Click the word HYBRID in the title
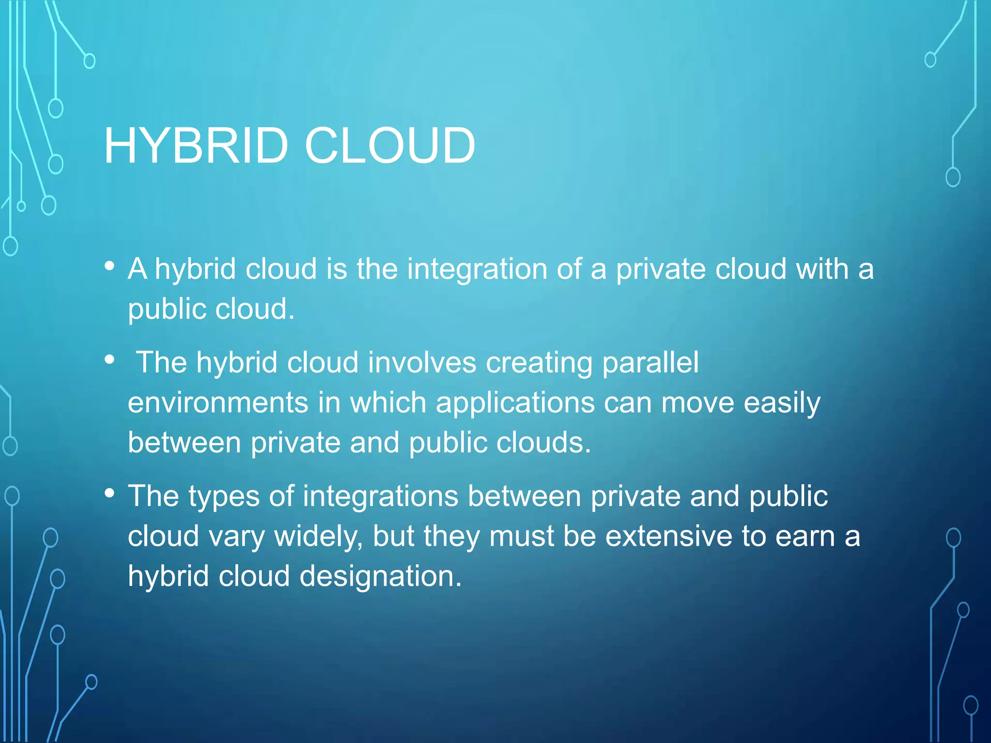[196, 146]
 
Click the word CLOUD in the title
[390, 146]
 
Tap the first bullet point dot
[110, 266]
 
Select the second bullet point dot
[110, 359]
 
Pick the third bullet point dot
[110, 493]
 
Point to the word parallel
[650, 363]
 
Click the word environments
[218, 403]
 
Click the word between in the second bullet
[184, 443]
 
